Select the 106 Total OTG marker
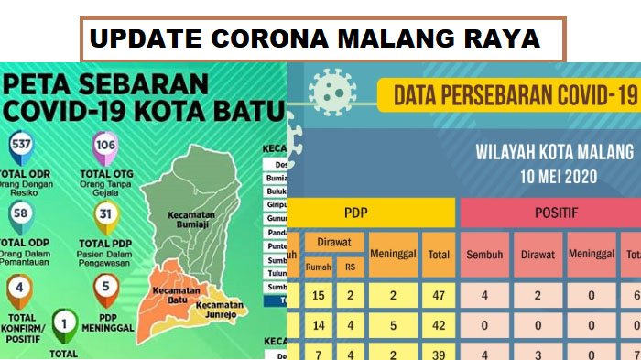(x=104, y=145)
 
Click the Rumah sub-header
(x=319, y=267)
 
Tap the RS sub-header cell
(x=349, y=267)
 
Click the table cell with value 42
(x=439, y=324)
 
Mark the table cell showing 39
(x=439, y=353)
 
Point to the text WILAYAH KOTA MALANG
(x=554, y=151)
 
